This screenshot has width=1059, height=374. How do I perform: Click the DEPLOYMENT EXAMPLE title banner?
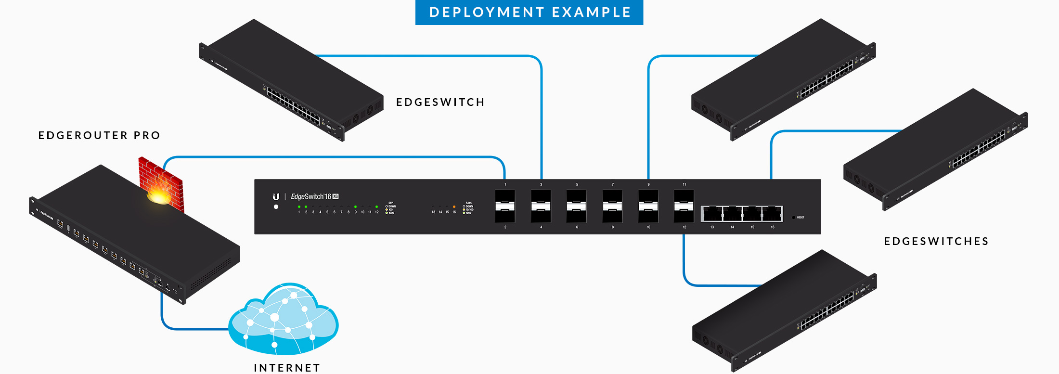click(x=529, y=12)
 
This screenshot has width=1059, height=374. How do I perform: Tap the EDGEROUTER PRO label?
click(x=99, y=135)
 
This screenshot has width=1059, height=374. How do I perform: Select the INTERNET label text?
click(x=287, y=368)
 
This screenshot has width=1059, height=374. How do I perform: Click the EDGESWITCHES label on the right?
click(x=936, y=241)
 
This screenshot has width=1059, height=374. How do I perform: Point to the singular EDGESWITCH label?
click(x=440, y=102)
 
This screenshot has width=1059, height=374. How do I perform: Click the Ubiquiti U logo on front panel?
click(x=276, y=196)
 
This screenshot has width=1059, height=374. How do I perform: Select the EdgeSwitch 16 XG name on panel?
click(x=314, y=196)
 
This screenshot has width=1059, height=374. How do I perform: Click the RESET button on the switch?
click(x=794, y=218)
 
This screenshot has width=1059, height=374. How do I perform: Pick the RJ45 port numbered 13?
click(x=712, y=213)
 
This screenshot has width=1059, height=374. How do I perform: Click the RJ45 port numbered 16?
click(x=772, y=213)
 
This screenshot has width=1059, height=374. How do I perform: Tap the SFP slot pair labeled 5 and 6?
click(x=577, y=206)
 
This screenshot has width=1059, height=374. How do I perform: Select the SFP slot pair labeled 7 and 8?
click(x=612, y=206)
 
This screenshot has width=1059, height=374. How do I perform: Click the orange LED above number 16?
click(x=454, y=207)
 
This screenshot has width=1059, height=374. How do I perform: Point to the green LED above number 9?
click(x=355, y=207)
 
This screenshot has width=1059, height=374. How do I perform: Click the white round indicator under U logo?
click(x=276, y=207)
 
